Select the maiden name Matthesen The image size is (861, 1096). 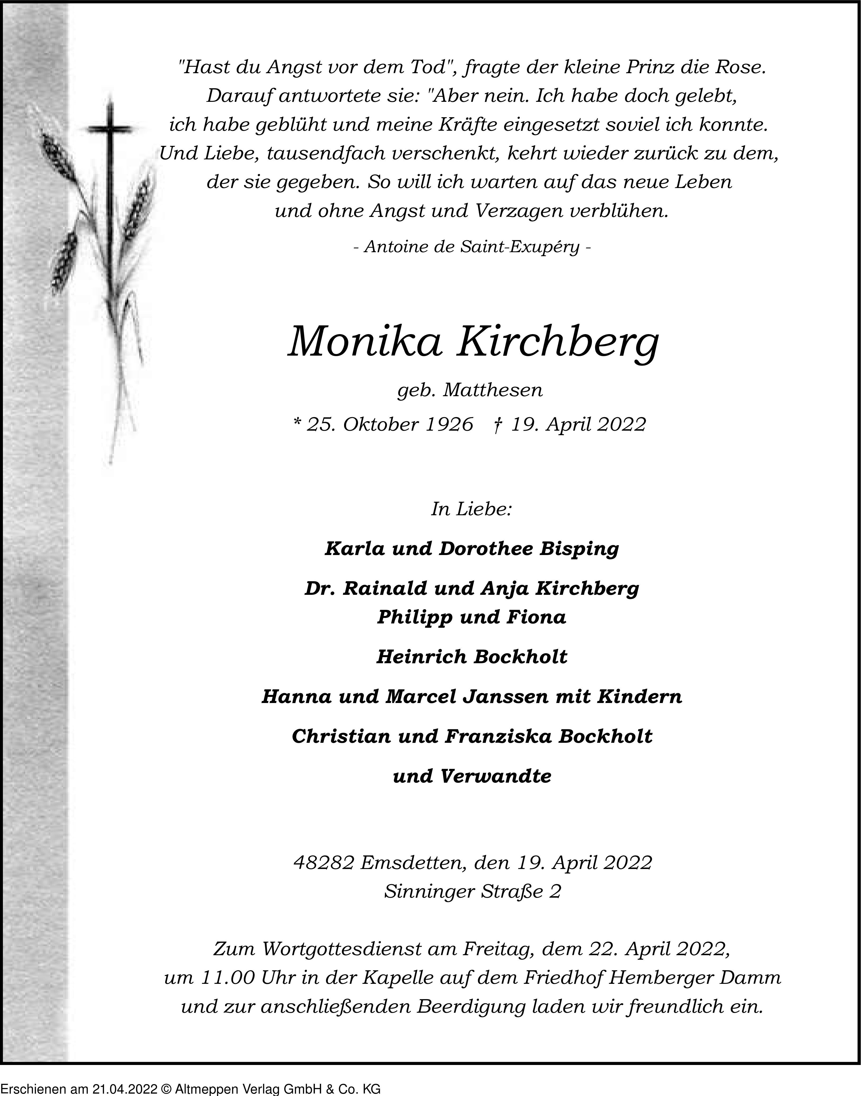point(493,391)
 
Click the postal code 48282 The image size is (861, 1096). point(324,863)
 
